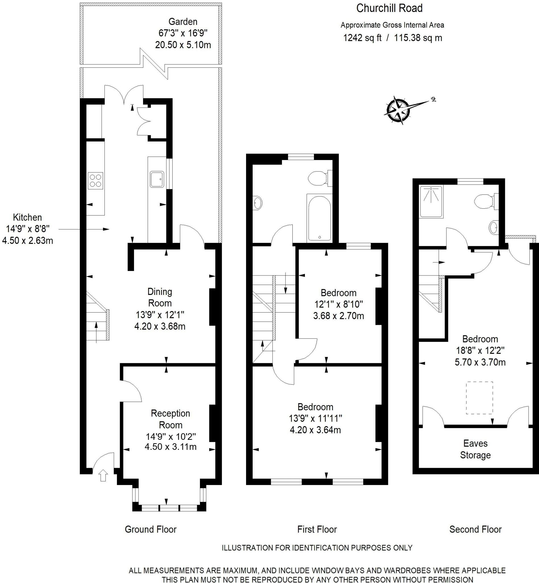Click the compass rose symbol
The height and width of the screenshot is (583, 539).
coord(398,110)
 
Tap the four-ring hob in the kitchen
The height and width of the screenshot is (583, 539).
coord(95,180)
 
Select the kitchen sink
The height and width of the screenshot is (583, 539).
coord(157,179)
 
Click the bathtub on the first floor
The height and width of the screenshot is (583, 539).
coord(320,218)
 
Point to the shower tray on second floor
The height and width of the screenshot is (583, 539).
coord(431,202)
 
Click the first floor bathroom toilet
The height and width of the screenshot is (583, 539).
coord(318,178)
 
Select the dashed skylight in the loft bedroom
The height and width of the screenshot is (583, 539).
coord(479,398)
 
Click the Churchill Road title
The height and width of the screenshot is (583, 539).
coord(389,8)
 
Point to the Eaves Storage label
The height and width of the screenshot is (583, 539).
coord(475,449)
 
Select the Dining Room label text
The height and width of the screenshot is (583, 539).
coord(160,297)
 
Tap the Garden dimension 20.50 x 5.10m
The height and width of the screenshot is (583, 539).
coord(183,45)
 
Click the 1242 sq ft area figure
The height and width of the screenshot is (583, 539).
coord(362,38)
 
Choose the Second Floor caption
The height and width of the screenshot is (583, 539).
coord(475,529)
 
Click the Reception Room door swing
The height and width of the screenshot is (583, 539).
coord(131,391)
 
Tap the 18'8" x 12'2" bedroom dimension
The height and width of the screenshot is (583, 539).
coord(480,350)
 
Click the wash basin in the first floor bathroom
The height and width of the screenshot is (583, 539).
coord(258,202)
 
